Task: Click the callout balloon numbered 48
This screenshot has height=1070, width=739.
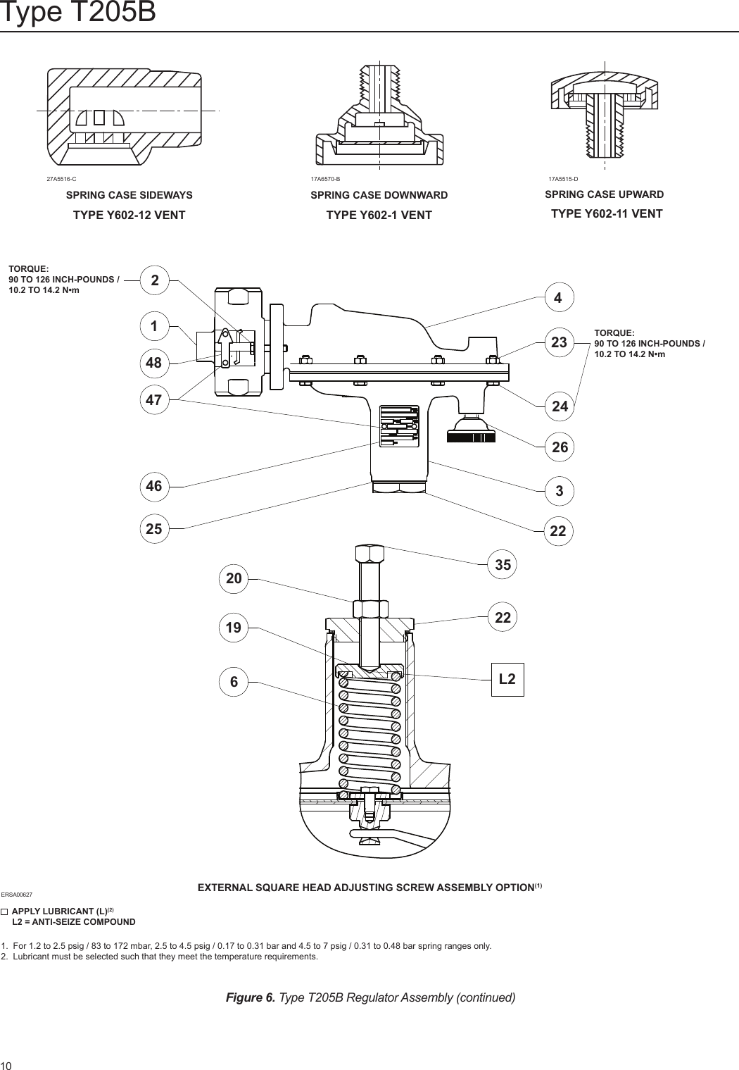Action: coord(153,363)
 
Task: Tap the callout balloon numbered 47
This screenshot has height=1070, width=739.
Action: coord(153,401)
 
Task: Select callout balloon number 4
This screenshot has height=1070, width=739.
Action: coord(558,299)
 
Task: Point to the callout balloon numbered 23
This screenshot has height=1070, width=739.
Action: coord(559,343)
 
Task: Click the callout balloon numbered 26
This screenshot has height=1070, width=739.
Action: coord(560,447)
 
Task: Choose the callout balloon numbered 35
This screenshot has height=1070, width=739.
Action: coord(503,565)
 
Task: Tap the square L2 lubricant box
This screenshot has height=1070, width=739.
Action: coord(507,679)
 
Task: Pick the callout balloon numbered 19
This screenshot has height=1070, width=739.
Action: coord(234,628)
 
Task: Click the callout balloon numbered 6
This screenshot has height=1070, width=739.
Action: coord(234,682)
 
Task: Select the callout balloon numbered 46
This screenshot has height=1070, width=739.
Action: coord(153,486)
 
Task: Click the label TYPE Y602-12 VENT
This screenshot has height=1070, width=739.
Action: coord(130,216)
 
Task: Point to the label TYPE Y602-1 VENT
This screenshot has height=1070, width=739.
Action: coord(379,216)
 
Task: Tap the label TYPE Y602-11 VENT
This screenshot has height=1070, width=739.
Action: coord(606,214)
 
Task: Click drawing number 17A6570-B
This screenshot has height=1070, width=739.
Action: coord(325,179)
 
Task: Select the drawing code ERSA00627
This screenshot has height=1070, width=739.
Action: coord(17,894)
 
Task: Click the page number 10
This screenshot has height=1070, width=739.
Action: coord(7,1064)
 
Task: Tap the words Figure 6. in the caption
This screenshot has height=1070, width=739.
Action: coord(250,997)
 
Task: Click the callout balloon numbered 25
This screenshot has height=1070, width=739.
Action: coord(153,528)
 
